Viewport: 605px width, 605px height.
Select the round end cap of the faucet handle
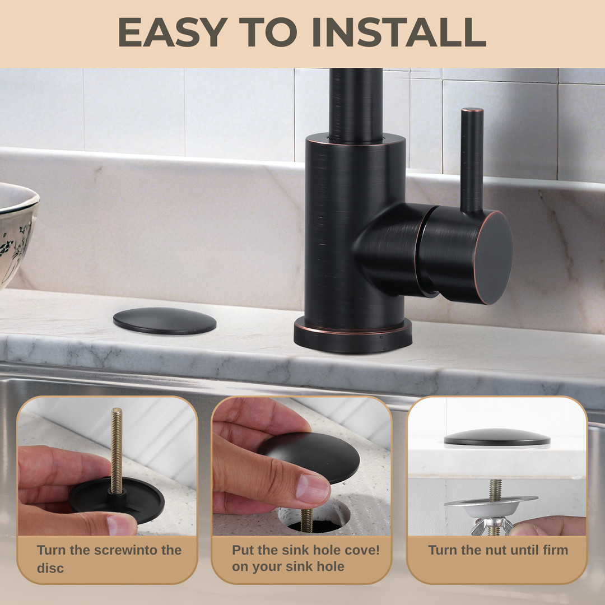(x=494, y=258)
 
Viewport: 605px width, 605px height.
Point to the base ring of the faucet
(x=353, y=336)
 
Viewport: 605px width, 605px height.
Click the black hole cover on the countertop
(x=165, y=320)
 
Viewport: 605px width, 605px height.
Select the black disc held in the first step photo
(x=117, y=500)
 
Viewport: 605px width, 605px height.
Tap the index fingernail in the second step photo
(x=313, y=488)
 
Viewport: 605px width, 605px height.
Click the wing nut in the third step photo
(x=492, y=526)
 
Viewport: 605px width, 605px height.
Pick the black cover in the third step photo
(x=497, y=438)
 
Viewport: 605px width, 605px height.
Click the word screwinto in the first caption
(x=127, y=550)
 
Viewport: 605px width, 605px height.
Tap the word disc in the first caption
(x=50, y=568)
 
